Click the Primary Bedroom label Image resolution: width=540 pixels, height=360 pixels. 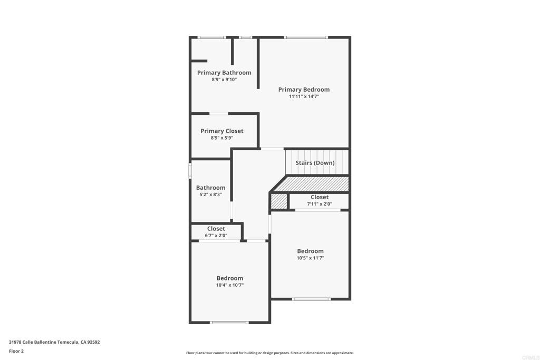(x=304, y=90)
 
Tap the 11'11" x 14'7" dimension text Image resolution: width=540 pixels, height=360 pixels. (x=304, y=96)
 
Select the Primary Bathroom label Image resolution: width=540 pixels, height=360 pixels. (x=224, y=73)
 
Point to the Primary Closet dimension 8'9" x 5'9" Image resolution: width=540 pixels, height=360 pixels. (x=222, y=138)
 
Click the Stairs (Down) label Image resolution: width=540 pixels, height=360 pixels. (x=315, y=163)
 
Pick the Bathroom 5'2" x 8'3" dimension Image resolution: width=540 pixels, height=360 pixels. (x=210, y=194)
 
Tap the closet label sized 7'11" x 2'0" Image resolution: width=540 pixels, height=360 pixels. (x=320, y=197)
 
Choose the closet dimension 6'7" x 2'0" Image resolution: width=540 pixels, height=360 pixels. (x=216, y=236)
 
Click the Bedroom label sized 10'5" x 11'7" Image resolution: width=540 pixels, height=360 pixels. (x=310, y=251)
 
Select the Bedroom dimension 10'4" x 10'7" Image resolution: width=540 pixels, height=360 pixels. (x=230, y=285)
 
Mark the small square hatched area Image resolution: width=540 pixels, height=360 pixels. (x=278, y=201)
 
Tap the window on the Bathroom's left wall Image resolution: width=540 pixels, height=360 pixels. (x=190, y=171)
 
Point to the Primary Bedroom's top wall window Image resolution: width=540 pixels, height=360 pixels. (x=306, y=37)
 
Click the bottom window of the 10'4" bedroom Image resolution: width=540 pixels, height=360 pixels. (x=229, y=323)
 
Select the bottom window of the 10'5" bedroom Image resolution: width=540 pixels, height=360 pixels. (x=311, y=299)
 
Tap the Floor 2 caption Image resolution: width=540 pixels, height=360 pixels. (x=16, y=351)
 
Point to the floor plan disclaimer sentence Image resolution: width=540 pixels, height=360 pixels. (x=269, y=353)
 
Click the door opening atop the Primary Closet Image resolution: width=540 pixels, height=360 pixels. (x=219, y=113)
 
